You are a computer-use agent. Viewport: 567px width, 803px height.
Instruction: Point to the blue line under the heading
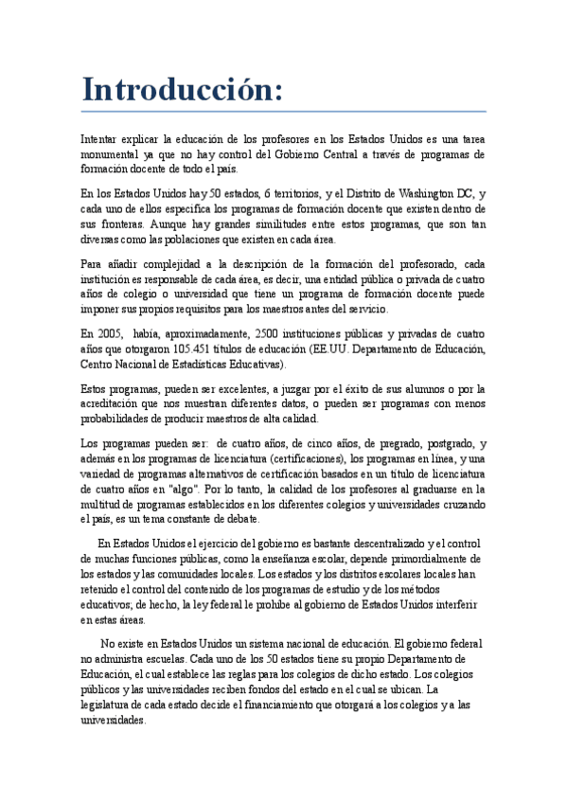[x=283, y=112]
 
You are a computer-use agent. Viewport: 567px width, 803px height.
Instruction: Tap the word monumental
[x=113, y=154]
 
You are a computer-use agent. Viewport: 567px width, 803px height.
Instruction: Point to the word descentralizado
[x=372, y=544]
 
